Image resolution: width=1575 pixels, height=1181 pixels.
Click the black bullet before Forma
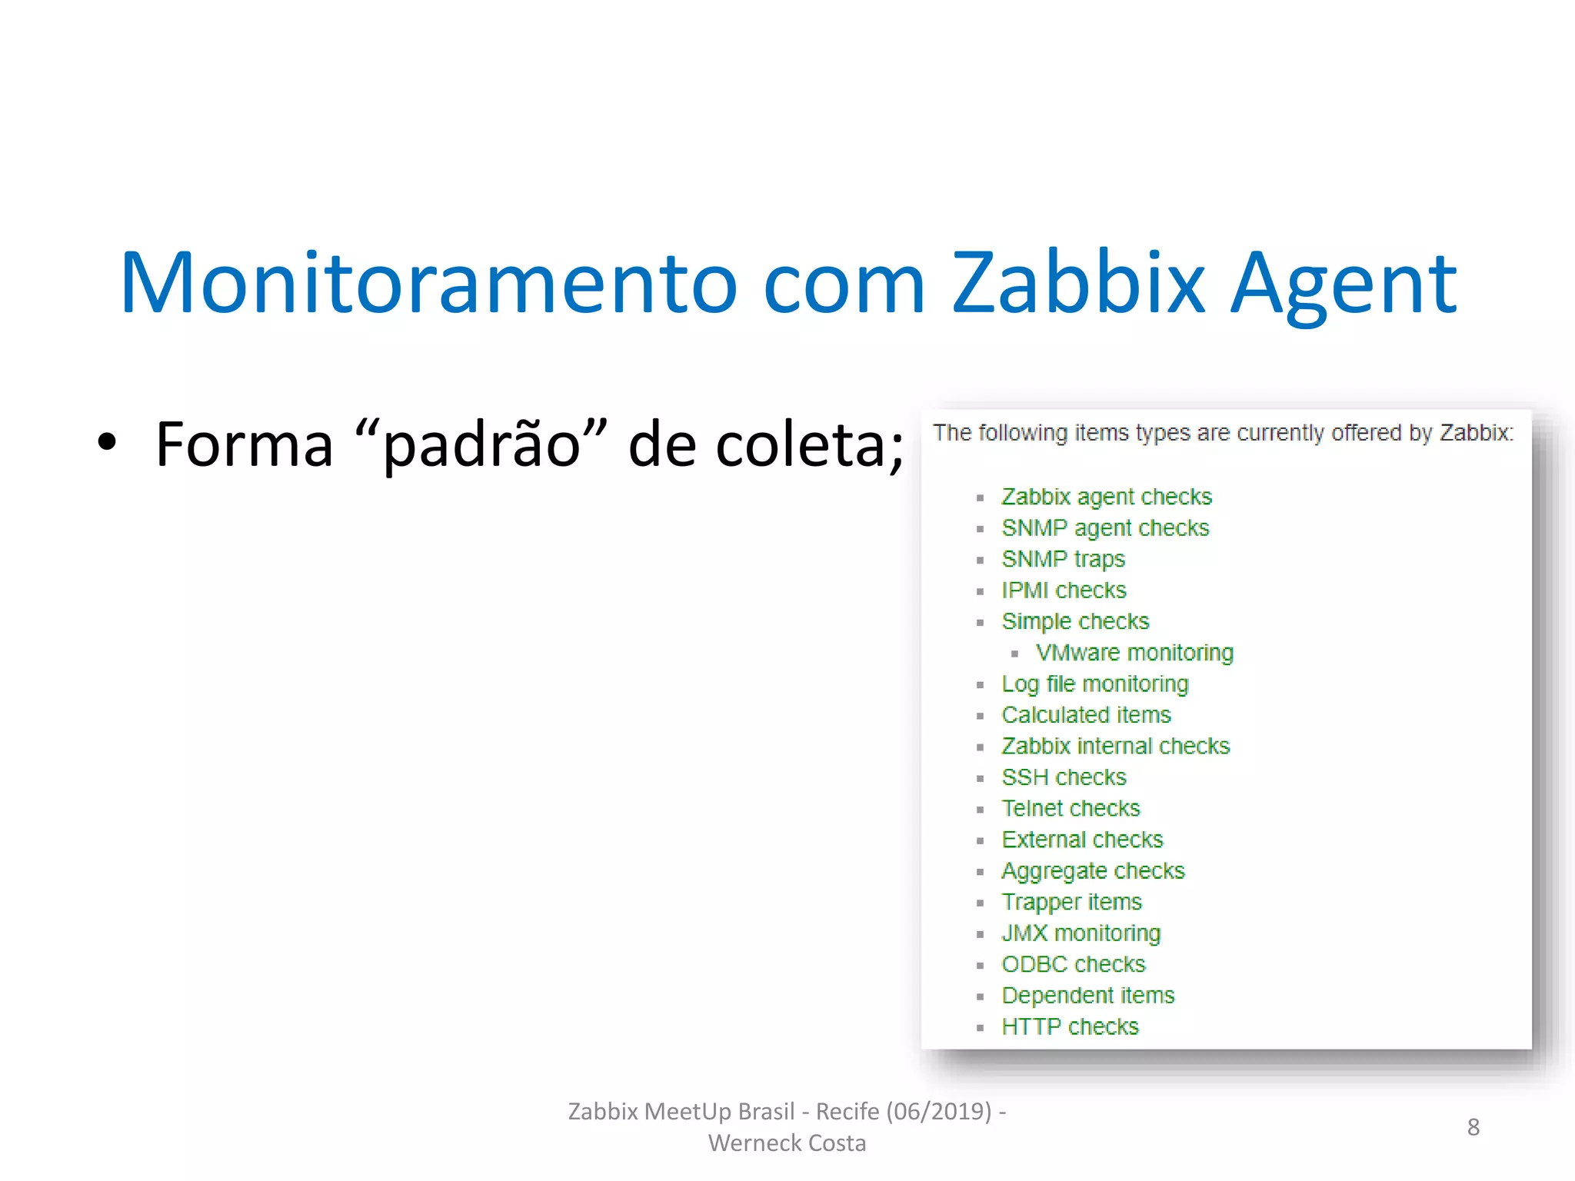tap(107, 442)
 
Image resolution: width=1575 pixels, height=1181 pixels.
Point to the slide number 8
tap(1473, 1126)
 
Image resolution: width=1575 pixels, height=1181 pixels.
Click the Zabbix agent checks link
tap(1106, 497)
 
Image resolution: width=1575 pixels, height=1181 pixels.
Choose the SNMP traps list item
tap(1063, 559)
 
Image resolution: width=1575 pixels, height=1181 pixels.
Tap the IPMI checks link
tap(1064, 590)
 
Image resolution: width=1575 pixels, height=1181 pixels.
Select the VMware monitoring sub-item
tap(1134, 653)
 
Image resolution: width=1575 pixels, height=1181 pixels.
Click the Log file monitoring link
tap(1094, 684)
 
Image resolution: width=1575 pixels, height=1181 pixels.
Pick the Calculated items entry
tap(1086, 715)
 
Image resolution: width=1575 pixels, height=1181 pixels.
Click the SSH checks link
tap(1064, 777)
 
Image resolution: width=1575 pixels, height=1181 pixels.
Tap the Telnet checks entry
tap(1071, 808)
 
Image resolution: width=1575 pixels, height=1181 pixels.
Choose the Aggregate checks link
tap(1093, 871)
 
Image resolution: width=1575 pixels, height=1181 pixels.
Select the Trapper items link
tap(1071, 902)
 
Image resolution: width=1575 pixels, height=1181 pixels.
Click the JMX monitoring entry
tap(1081, 933)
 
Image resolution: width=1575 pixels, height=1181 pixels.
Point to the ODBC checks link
tap(1073, 964)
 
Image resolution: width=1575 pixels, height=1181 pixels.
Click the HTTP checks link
tap(1070, 1026)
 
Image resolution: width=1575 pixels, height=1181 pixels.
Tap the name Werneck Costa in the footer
tap(787, 1143)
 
